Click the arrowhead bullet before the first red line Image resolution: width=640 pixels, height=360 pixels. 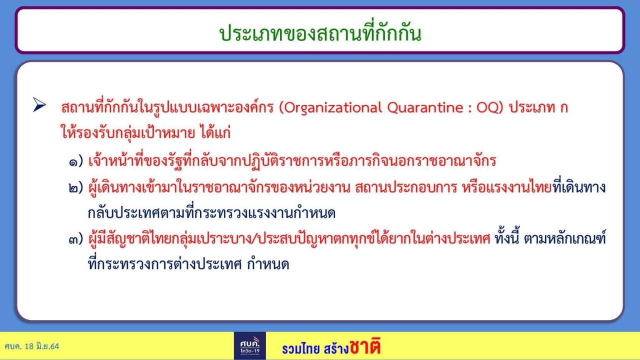39,104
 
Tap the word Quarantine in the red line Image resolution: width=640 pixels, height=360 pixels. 425,108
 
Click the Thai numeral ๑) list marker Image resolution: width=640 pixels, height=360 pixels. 75,161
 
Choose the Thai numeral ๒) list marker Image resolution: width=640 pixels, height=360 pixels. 75,187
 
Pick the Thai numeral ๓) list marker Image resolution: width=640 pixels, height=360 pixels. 75,239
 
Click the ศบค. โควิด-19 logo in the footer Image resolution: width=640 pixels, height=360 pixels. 249,345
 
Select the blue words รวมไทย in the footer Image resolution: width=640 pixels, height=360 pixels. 300,349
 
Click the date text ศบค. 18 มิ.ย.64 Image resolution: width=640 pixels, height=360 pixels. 31,346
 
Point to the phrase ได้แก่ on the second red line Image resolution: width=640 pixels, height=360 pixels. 215,132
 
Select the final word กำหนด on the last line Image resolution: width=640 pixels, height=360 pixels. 268,263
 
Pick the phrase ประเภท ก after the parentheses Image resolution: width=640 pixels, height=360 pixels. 538,107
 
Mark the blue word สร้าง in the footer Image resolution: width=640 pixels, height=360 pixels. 336,348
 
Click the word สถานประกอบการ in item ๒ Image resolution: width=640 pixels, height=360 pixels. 406,187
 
